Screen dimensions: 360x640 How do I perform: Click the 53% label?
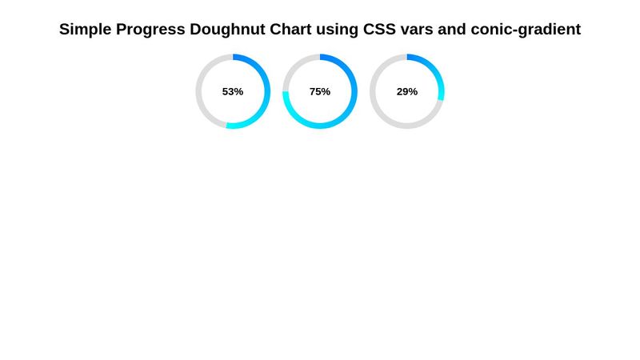click(x=233, y=92)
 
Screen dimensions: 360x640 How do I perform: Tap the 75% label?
click(x=320, y=92)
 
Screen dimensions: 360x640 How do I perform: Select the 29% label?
click(x=407, y=92)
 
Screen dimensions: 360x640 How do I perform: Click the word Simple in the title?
click(x=86, y=30)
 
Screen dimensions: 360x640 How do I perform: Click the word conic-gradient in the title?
click(x=530, y=30)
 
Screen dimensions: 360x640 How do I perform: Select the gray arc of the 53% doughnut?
click(x=199, y=92)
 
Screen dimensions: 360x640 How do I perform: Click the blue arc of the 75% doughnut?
click(x=354, y=92)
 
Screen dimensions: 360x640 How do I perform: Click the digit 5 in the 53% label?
click(x=226, y=92)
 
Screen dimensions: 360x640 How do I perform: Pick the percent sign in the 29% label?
click(x=414, y=92)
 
